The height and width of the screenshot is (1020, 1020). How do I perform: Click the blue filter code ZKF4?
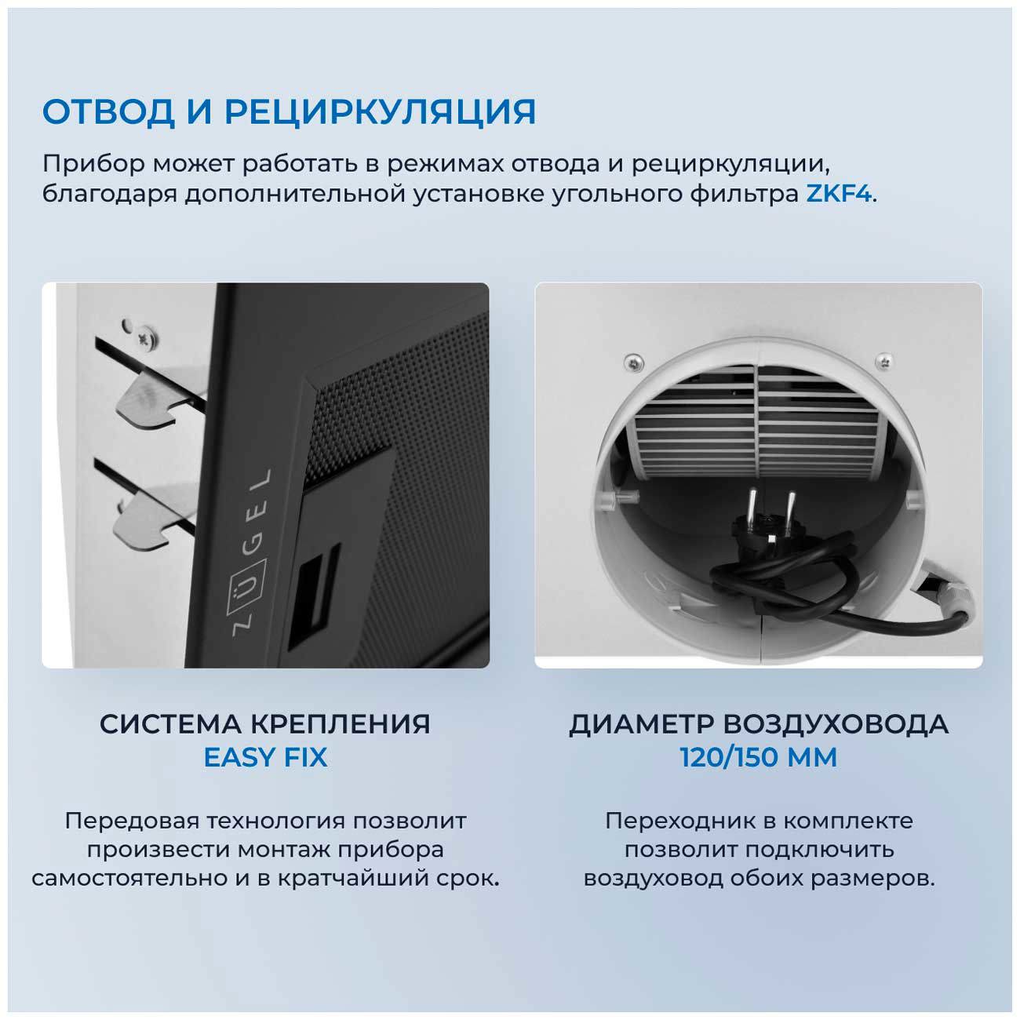point(839,194)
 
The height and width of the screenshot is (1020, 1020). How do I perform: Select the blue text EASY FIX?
point(265,758)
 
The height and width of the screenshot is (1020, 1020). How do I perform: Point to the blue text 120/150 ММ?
point(758,758)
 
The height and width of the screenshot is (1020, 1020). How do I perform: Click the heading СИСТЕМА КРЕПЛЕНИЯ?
point(265,723)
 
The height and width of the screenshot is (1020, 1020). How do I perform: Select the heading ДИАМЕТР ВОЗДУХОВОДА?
point(758,723)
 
